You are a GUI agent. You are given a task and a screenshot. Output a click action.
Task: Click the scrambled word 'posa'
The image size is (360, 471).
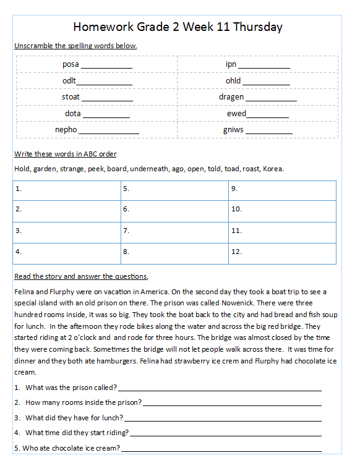coord(71,64)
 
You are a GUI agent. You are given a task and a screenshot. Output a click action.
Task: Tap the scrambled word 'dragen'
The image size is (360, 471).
coord(231,97)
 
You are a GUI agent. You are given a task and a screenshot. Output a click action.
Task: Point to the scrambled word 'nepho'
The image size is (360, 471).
coord(66,130)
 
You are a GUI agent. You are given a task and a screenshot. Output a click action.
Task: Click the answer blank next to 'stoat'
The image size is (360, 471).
coord(107,98)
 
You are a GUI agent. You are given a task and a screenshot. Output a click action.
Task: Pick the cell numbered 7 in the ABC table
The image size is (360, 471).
coord(174,231)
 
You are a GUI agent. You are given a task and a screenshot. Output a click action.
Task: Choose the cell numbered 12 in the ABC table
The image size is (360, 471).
coord(282,252)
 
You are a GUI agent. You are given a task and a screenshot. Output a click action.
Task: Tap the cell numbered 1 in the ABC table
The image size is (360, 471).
coord(66,189)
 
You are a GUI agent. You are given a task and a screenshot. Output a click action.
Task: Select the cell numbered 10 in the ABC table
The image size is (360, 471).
coord(282,210)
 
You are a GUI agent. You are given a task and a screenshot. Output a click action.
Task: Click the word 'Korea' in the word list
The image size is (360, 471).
coord(273,169)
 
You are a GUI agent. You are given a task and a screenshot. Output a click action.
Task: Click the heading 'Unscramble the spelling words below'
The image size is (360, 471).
coord(75,46)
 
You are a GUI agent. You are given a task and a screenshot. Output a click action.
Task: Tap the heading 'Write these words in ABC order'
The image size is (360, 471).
coord(65,154)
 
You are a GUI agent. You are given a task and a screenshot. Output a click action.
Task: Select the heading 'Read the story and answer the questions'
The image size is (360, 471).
coord(81,276)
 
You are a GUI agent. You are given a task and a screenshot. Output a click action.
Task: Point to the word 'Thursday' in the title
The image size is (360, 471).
coord(258,27)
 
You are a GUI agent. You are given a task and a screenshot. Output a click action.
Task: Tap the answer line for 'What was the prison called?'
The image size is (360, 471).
coord(219,388)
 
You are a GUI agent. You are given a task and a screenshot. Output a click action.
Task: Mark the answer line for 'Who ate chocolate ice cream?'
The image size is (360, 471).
coord(221,449)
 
